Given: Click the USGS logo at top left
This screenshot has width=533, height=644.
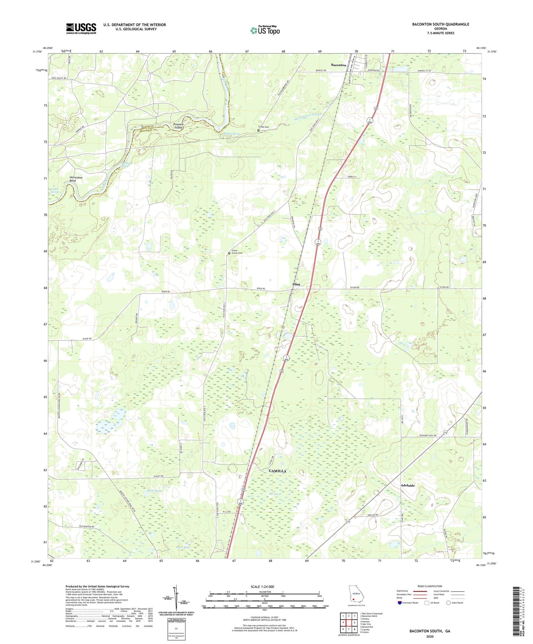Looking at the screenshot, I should click(81, 28).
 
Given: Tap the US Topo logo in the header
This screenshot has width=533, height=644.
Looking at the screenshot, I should click(265, 30).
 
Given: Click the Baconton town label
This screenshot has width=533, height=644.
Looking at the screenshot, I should click(338, 65).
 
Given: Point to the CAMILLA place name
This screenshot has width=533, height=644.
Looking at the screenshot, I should click(277, 471).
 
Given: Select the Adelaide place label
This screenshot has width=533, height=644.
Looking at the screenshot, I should click(408, 485).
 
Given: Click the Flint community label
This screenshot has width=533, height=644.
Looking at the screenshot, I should click(296, 284).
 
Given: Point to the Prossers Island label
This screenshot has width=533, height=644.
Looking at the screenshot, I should click(179, 126).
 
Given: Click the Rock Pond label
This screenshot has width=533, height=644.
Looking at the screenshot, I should click(155, 491).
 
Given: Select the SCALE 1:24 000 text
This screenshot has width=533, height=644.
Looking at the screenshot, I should click(262, 586).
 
